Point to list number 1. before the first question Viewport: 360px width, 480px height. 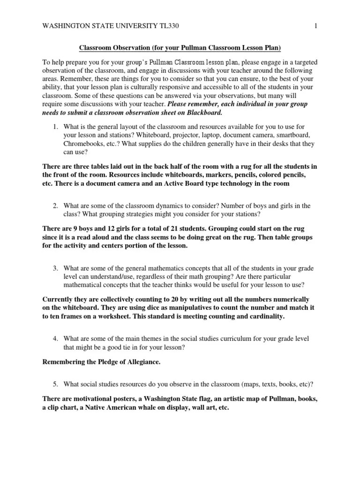pos(55,127)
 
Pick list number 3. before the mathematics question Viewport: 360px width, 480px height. pos(55,268)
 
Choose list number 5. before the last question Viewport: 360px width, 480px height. pos(55,384)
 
